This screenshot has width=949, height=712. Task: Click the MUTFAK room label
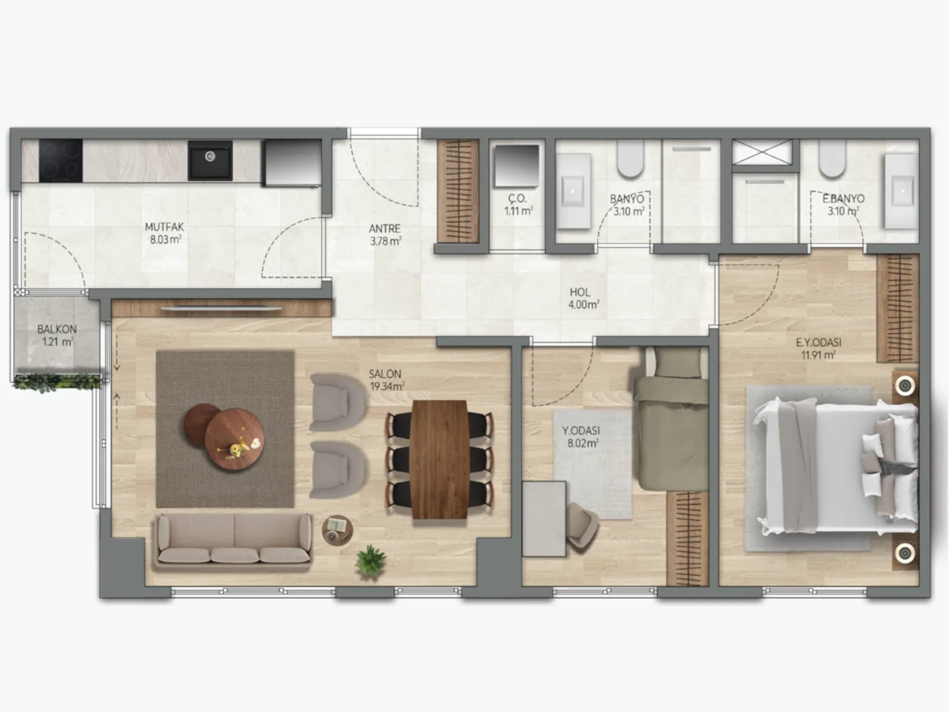pyautogui.click(x=164, y=227)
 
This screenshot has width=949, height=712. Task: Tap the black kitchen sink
pyautogui.click(x=210, y=160)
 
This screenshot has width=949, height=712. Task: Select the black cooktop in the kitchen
pyautogui.click(x=60, y=160)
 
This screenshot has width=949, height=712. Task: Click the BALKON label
pyautogui.click(x=57, y=329)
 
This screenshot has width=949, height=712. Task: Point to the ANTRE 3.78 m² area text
pyautogui.click(x=385, y=235)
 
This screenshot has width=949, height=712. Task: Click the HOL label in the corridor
pyautogui.click(x=580, y=292)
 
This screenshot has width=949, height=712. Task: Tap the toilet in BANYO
pyautogui.click(x=630, y=159)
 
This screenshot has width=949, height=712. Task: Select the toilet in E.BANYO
pyautogui.click(x=832, y=159)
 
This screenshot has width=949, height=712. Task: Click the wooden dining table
pyautogui.click(x=439, y=459)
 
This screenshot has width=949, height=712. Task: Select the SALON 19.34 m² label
pyautogui.click(x=386, y=380)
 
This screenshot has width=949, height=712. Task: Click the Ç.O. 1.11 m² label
pyautogui.click(x=518, y=205)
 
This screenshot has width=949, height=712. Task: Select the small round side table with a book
pyautogui.click(x=337, y=529)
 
